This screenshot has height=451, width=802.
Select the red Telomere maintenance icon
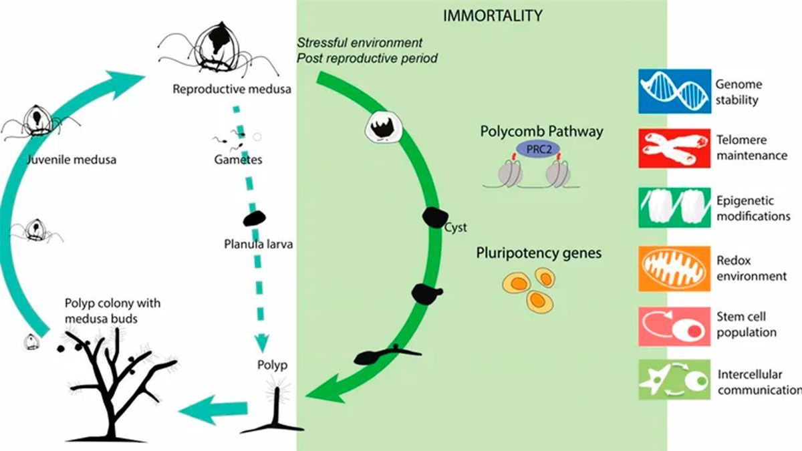674,148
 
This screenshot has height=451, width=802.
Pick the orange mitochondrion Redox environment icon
674,268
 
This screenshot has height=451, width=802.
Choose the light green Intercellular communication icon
674,380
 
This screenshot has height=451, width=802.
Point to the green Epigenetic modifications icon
674,209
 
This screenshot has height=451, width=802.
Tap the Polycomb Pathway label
541,131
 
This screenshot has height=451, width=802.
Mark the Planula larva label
259,244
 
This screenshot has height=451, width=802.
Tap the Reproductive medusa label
232,88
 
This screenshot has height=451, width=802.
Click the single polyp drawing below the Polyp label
272,408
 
